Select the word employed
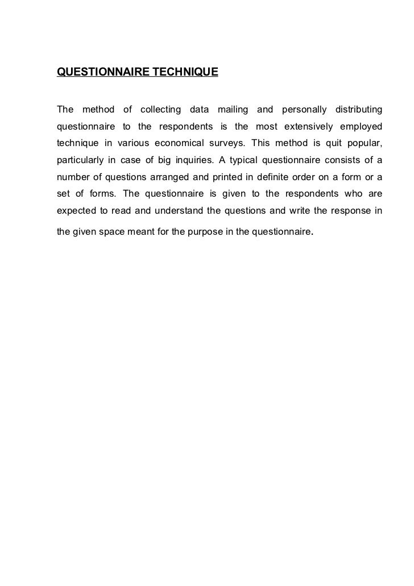(x=362, y=126)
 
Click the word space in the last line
(x=113, y=232)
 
